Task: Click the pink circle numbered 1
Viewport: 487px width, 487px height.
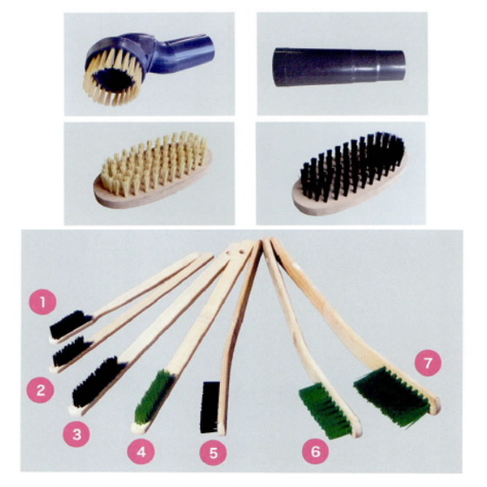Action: (43, 302)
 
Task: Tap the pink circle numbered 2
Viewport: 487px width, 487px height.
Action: (40, 390)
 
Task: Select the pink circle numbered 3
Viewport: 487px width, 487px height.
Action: (77, 434)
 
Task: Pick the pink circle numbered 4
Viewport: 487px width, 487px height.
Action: (141, 451)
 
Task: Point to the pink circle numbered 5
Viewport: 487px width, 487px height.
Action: (213, 452)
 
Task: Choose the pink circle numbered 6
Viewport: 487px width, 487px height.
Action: (316, 451)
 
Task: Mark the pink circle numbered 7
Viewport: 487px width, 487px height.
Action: (428, 363)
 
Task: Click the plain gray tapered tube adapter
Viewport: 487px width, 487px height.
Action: (339, 66)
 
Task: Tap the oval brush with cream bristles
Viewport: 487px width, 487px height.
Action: (153, 170)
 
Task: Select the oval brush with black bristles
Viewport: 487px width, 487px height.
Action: (350, 173)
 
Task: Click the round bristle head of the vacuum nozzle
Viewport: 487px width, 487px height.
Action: (113, 77)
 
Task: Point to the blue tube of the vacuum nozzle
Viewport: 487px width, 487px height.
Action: (183, 53)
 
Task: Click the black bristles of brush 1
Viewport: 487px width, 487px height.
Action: (70, 324)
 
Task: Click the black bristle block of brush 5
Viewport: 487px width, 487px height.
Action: (210, 407)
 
